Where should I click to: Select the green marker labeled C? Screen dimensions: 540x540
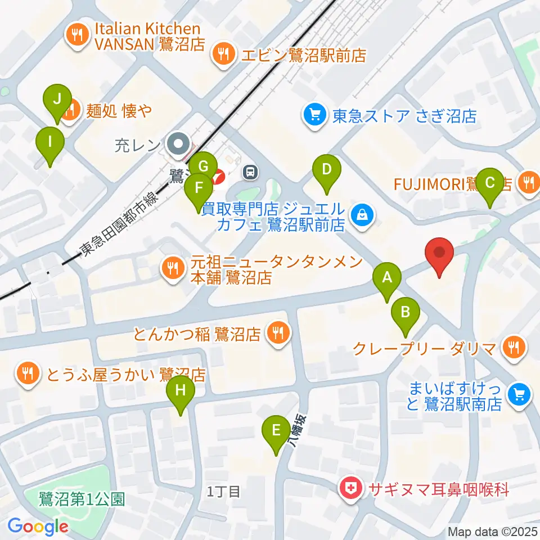coord(489,183)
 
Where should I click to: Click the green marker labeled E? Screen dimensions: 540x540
coord(276,431)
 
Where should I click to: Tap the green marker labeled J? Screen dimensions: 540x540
coord(57,100)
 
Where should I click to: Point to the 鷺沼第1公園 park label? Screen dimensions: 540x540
coord(82,499)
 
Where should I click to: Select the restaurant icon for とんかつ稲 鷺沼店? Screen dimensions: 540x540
coord(277,334)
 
